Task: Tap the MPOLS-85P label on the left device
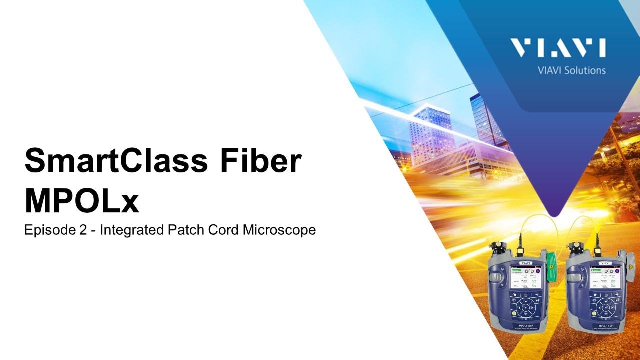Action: coord(526,324)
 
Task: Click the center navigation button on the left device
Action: coord(526,307)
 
